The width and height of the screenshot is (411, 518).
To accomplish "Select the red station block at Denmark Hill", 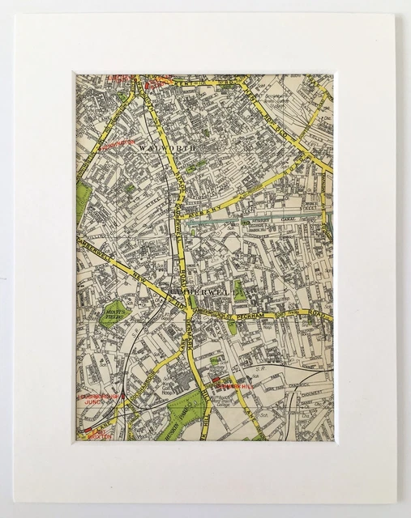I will click(x=217, y=380).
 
